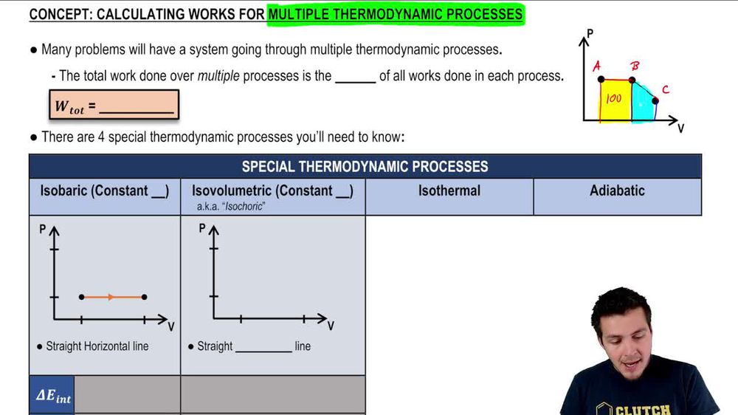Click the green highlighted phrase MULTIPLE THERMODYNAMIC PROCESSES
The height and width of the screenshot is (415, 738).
pos(396,14)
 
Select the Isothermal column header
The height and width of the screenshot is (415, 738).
pos(449,191)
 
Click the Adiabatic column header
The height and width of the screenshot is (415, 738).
pos(617,191)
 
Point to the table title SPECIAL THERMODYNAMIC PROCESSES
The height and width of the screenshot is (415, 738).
pos(365,166)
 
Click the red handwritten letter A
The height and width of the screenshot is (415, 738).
pos(596,66)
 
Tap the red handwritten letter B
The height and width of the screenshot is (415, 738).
pos(634,66)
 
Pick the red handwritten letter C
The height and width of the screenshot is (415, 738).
pos(665,90)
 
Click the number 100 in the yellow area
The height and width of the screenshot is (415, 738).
pos(614,99)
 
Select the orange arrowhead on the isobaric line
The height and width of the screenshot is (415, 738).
pos(111,297)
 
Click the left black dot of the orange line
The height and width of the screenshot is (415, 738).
pos(81,297)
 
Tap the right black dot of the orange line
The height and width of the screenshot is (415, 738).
pos(144,297)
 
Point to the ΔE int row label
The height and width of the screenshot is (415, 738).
pos(53,396)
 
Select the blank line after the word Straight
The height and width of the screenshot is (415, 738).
pos(263,347)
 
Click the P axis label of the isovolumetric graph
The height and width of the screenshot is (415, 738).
pos(201,229)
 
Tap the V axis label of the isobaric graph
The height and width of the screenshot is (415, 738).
pos(171,326)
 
